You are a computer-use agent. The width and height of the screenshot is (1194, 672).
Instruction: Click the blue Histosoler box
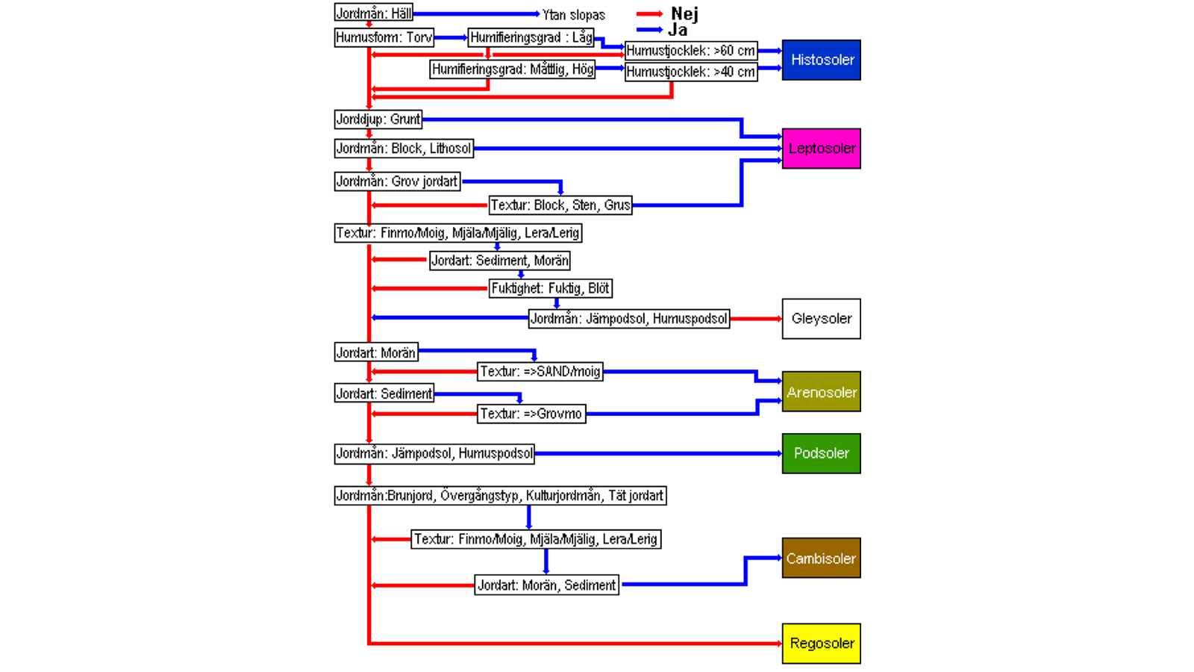click(821, 60)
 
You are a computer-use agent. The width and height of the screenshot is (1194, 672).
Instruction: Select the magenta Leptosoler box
click(821, 148)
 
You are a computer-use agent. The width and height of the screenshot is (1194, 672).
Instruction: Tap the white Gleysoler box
click(821, 319)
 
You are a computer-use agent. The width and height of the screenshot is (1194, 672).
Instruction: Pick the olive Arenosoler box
click(821, 392)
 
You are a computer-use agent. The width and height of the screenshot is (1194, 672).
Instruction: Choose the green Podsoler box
click(821, 453)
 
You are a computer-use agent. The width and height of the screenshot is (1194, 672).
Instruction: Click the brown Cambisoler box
click(821, 558)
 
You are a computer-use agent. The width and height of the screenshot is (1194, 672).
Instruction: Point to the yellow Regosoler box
click(821, 643)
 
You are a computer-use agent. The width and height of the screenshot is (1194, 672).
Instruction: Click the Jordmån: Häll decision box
click(373, 13)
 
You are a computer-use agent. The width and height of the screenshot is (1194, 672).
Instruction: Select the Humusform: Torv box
click(384, 37)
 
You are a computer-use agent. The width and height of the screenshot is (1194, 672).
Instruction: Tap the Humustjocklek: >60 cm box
click(690, 51)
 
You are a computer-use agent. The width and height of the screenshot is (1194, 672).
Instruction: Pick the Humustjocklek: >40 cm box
click(690, 72)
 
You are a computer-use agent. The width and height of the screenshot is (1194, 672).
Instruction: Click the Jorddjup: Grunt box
click(378, 119)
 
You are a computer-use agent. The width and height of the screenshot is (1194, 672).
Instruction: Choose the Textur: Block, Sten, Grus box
click(560, 205)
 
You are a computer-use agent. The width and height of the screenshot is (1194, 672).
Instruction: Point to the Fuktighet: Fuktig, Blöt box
click(550, 288)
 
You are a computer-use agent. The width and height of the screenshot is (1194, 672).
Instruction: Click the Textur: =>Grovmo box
click(531, 414)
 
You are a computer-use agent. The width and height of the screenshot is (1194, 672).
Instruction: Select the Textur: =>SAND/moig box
click(540, 371)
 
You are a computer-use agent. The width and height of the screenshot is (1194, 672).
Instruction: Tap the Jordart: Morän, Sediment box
click(547, 585)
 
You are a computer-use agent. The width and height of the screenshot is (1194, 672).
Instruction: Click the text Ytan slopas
click(573, 15)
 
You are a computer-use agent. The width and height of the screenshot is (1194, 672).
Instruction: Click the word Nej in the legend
click(684, 13)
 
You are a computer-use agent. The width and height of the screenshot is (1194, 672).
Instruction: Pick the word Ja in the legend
click(678, 30)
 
